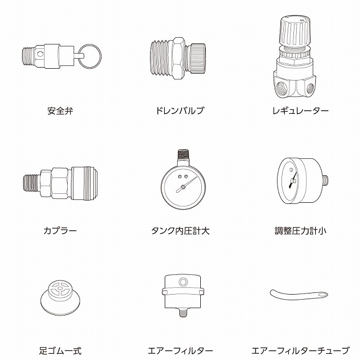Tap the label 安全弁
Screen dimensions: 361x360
pyautogui.click(x=60, y=111)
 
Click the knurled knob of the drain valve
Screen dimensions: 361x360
pyautogui.click(x=197, y=59)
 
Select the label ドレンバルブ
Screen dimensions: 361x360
pyautogui.click(x=180, y=111)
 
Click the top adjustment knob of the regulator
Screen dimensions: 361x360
pyautogui.click(x=294, y=30)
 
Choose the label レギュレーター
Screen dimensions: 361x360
pyautogui.click(x=301, y=111)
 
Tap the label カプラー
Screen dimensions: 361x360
pyautogui.click(x=60, y=230)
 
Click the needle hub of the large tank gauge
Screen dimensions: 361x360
pyautogui.click(x=183, y=187)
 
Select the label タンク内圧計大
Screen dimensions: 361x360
pyautogui.click(x=180, y=231)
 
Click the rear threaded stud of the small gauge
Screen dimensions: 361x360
pyautogui.click(x=325, y=181)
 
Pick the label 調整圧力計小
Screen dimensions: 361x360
pyautogui.click(x=301, y=231)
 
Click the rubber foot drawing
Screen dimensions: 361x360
pyautogui.click(x=60, y=297)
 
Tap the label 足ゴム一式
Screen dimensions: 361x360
pyautogui.click(x=60, y=351)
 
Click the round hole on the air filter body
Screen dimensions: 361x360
pyautogui.click(x=183, y=281)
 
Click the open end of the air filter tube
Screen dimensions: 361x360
pyautogui.click(x=323, y=295)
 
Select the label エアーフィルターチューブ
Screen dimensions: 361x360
pyautogui.click(x=301, y=351)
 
